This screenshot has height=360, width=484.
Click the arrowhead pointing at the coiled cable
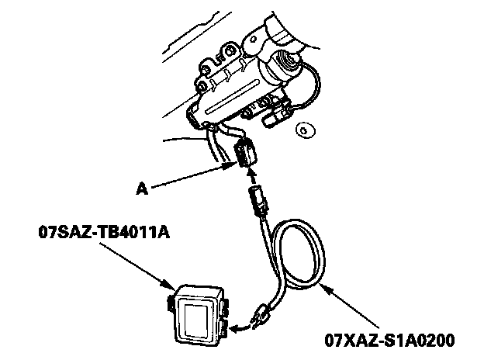click(x=327, y=288)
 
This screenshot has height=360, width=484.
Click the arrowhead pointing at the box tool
click(x=172, y=286)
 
